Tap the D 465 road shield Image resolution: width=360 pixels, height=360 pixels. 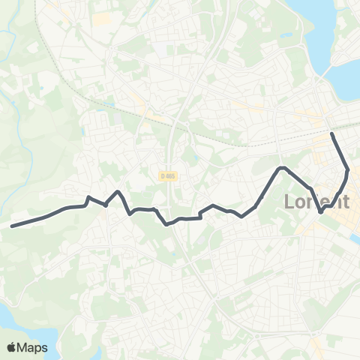tap(168, 175)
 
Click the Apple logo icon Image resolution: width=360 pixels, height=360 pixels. tap(13, 347)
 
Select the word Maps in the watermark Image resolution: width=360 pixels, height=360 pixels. tap(34, 347)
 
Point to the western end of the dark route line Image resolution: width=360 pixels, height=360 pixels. tap(12, 225)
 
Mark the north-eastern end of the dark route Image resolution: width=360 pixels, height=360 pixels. tap(332, 133)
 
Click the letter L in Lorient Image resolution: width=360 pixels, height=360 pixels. tap(290, 202)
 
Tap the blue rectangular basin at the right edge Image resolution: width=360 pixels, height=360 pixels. tap(355, 240)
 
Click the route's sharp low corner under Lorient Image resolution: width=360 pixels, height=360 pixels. tap(321, 212)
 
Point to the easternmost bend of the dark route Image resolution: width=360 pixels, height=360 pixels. tap(348, 169)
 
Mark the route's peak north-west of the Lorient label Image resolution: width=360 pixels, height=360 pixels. tap(281, 167)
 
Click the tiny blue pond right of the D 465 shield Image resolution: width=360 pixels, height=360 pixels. tap(193, 159)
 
